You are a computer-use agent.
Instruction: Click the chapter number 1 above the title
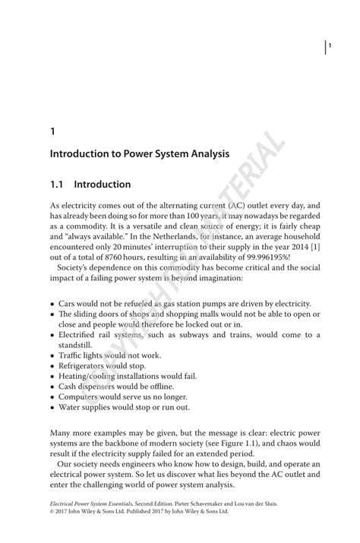(x=52, y=131)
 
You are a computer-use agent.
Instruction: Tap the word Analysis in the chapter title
(x=207, y=153)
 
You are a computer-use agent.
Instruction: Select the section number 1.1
(x=58, y=185)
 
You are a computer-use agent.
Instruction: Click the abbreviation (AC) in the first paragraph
(x=238, y=205)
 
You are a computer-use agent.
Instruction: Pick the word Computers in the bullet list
(x=78, y=396)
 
